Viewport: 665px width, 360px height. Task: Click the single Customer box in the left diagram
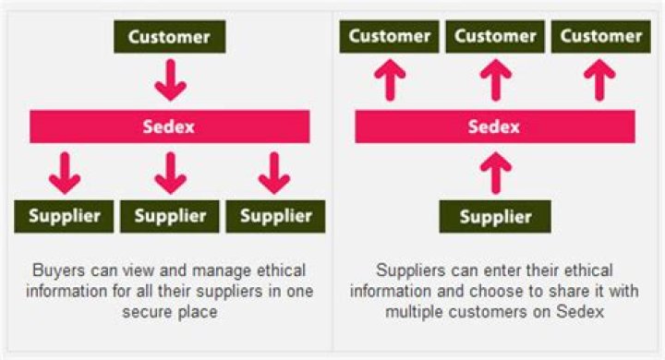[170, 37]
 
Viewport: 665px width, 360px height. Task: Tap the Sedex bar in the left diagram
[170, 126]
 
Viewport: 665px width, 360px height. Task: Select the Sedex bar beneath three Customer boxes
[495, 126]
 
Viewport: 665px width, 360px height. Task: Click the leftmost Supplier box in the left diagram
[64, 216]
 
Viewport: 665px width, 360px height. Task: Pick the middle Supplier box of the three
[170, 216]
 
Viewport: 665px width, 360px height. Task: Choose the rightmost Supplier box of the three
[275, 216]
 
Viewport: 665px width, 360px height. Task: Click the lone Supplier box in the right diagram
[495, 216]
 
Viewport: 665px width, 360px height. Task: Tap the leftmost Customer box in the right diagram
[390, 37]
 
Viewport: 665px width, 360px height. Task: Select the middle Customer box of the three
[495, 37]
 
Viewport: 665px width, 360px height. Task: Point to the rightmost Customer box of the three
[601, 37]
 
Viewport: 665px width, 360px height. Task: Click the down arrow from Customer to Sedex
[171, 80]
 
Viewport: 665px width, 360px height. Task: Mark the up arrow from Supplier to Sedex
[496, 173]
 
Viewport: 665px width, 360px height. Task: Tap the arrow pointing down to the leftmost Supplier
[65, 173]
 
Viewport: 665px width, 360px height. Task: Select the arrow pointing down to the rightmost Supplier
[274, 173]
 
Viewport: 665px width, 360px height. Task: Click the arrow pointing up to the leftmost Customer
[390, 80]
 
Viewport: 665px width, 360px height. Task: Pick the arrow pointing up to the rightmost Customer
[599, 80]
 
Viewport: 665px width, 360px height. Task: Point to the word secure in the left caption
[147, 312]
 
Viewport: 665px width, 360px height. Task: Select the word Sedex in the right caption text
[580, 312]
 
